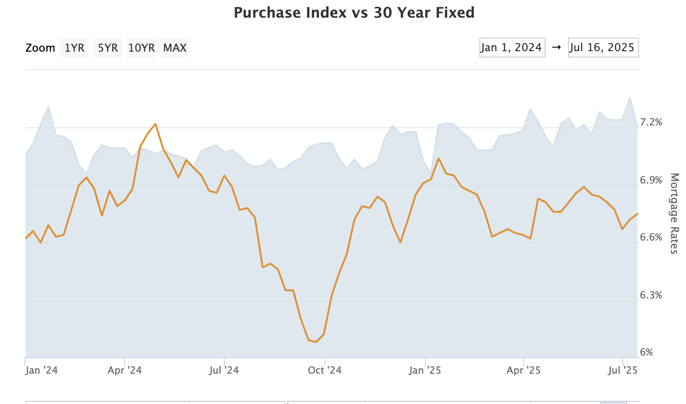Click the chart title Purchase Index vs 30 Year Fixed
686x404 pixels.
coord(354,13)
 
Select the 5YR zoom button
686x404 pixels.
coord(108,48)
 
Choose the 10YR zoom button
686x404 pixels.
coord(141,48)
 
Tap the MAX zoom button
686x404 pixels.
coord(175,48)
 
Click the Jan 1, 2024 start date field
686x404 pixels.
coord(512,48)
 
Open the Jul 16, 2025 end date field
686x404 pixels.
coord(604,48)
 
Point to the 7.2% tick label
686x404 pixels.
coord(651,122)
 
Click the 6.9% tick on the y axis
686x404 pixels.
coord(651,180)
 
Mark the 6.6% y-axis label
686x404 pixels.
coord(651,237)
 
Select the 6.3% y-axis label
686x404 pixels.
coord(651,295)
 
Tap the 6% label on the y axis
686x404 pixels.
coord(647,352)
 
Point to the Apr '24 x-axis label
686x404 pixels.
coord(125,370)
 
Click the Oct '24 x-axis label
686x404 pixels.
coord(324,370)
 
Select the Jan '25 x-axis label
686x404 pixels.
coord(425,370)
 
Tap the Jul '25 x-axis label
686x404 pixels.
coord(623,370)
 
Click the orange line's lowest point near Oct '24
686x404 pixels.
coord(316,342)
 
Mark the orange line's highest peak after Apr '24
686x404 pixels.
coord(155,124)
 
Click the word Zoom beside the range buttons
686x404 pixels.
coord(40,48)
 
